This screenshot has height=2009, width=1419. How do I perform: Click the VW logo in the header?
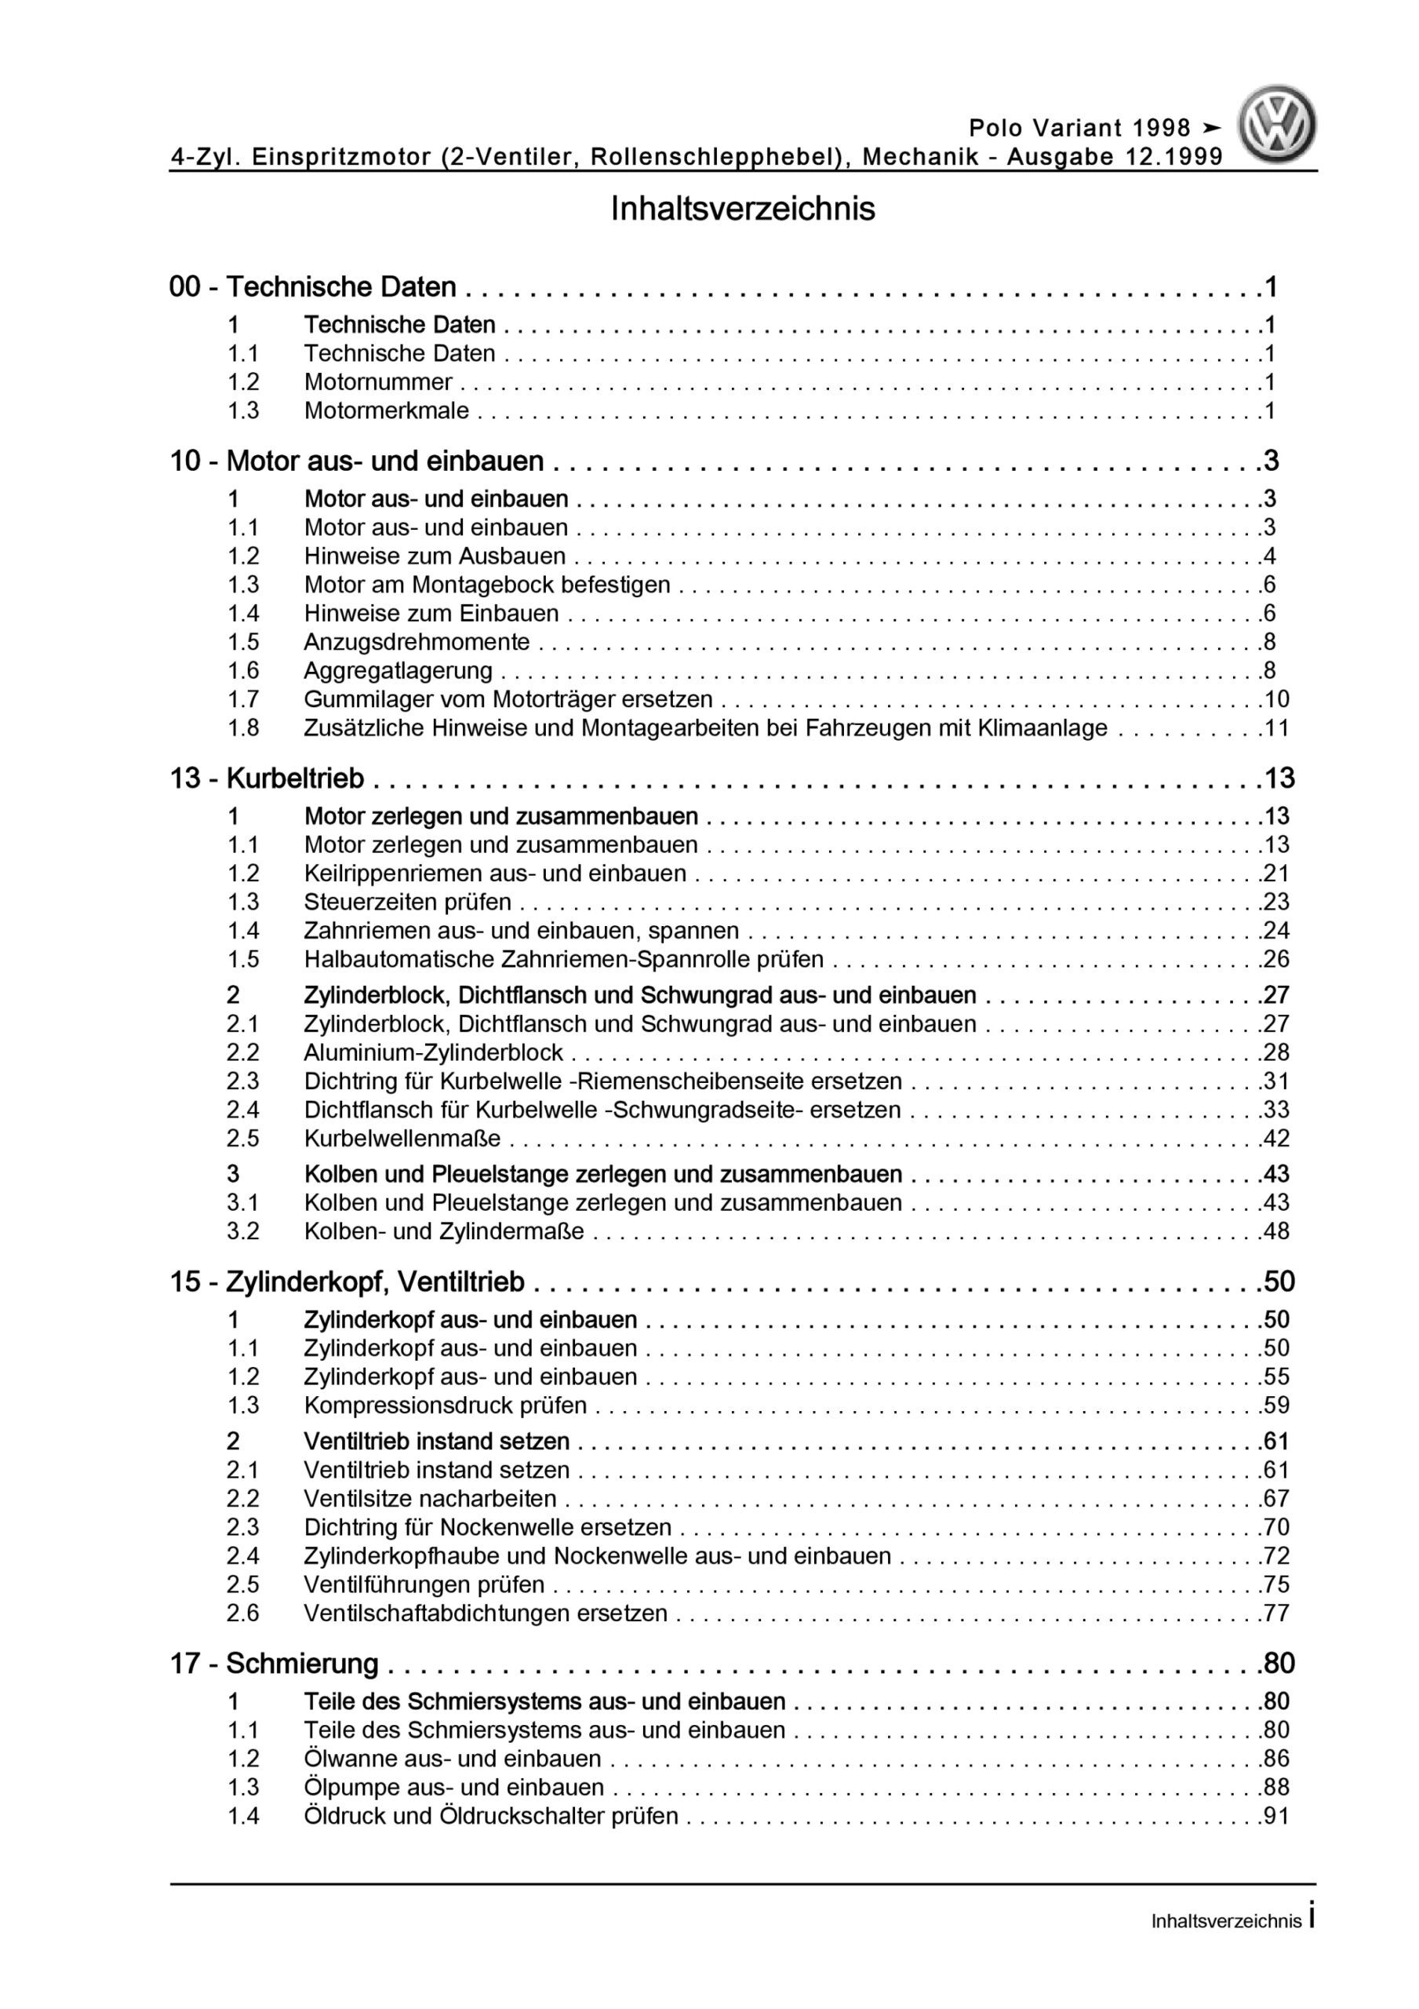pyautogui.click(x=1276, y=124)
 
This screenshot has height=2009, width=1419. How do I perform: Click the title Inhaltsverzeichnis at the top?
pyautogui.click(x=743, y=209)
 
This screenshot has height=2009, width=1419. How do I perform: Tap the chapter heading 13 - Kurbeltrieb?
pyautogui.click(x=267, y=778)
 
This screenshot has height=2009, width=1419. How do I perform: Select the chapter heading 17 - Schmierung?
pyautogui.click(x=274, y=1664)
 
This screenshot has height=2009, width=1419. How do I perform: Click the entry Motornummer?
pyautogui.click(x=378, y=381)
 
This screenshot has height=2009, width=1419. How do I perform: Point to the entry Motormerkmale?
pyautogui.click(x=386, y=410)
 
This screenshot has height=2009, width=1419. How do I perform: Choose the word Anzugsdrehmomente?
pyautogui.click(x=417, y=641)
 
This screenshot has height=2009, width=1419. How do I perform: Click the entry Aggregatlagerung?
pyautogui.click(x=398, y=670)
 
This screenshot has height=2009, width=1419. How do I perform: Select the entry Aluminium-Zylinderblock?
pyautogui.click(x=433, y=1052)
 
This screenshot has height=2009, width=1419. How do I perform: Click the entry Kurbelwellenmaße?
pyautogui.click(x=402, y=1139)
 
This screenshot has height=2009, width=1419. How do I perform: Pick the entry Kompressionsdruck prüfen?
pyautogui.click(x=446, y=1406)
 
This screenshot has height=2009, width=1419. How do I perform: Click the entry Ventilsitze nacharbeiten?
pyautogui.click(x=430, y=1498)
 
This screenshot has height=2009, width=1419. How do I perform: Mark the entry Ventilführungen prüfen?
pyautogui.click(x=424, y=1584)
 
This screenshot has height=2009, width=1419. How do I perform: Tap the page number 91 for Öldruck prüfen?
pyautogui.click(x=1275, y=1816)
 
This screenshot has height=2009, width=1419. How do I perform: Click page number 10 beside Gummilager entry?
pyautogui.click(x=1275, y=699)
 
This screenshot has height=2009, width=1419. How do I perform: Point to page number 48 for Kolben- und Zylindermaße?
pyautogui.click(x=1275, y=1231)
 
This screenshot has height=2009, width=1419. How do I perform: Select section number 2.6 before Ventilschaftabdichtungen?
pyautogui.click(x=243, y=1613)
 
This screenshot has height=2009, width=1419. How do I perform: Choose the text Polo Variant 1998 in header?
pyautogui.click(x=1079, y=128)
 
